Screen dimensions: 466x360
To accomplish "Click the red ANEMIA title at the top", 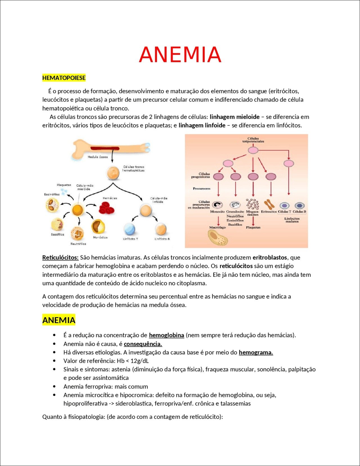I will point(180,54).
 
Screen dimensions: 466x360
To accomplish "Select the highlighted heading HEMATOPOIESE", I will point(64,78).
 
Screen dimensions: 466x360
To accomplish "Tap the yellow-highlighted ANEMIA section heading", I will point(59,320).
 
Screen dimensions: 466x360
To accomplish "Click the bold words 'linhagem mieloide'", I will point(235,117).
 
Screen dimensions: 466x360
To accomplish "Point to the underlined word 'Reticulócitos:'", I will point(60,257).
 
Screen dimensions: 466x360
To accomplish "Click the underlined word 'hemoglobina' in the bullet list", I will point(166,335).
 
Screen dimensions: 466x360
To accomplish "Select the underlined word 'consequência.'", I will point(143,344).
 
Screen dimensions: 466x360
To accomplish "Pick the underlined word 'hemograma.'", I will point(256,352).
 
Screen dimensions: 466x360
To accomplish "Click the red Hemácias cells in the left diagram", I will point(107,208).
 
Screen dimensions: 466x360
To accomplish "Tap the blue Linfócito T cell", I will point(130,229).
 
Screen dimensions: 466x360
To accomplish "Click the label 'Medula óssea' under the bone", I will point(98,157).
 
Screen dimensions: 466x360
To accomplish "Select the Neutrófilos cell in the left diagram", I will point(77,233).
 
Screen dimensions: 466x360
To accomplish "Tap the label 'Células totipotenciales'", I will point(253,140).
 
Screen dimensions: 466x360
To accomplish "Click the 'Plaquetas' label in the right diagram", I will point(253,227).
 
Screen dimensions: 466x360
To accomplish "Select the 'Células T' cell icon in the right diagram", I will point(284,206).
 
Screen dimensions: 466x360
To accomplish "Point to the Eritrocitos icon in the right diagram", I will point(269,204).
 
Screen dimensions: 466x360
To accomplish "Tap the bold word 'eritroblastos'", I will point(270,257).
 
